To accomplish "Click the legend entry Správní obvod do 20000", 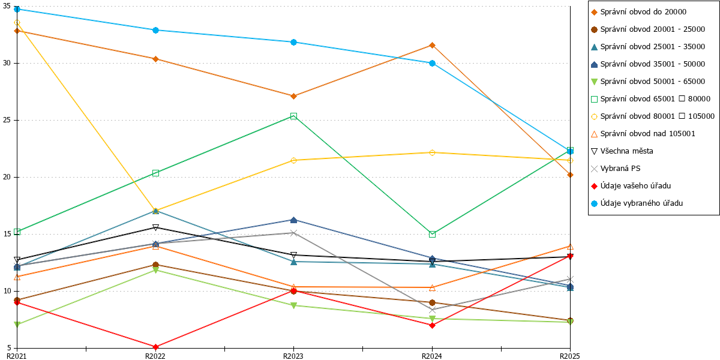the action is [638, 12].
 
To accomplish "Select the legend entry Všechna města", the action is [622, 151].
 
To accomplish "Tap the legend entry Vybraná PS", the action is [616, 169].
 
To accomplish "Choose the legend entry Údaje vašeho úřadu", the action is [631, 186].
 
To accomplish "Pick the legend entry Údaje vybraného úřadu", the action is [637, 203].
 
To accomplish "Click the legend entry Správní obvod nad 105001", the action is [643, 134].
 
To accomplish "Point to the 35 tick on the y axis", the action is [7, 6].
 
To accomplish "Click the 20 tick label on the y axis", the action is [7, 177].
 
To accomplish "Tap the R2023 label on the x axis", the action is [293, 356].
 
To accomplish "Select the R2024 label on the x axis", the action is [431, 356].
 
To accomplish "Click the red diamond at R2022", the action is [155, 347].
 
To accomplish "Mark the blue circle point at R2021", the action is [17, 10].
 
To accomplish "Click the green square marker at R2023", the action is [293, 116].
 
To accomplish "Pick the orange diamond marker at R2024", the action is [433, 46].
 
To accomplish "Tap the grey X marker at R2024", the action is [433, 310].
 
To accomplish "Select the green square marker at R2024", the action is [433, 235].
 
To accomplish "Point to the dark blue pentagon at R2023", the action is [293, 220].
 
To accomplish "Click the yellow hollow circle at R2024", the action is [433, 152].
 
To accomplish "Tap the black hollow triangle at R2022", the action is [155, 227].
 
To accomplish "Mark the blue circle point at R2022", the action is [155, 30].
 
